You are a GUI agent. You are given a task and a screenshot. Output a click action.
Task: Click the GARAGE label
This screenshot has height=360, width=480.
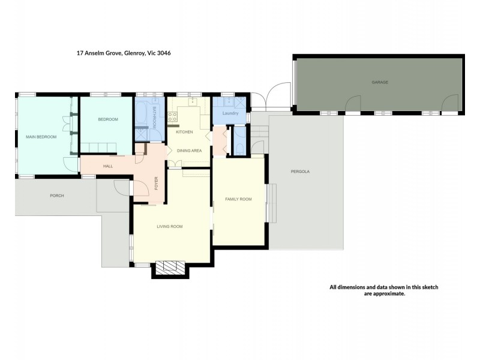(377, 82)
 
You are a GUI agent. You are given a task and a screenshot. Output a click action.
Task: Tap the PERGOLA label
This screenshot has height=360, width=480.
(300, 172)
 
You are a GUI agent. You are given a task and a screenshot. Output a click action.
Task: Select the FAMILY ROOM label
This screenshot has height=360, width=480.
(238, 199)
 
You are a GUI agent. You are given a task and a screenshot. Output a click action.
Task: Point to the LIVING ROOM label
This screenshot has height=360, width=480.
(169, 226)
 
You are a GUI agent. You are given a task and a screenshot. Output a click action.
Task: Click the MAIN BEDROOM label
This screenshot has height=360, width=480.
(41, 137)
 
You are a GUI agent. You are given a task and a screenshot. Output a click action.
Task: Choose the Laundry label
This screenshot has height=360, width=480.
(230, 113)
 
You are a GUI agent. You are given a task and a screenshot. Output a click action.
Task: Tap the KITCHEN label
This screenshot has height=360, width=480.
(184, 131)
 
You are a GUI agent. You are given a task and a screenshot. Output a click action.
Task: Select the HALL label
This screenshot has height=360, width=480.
(108, 166)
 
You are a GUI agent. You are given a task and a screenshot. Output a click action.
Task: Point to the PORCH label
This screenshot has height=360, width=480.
(57, 196)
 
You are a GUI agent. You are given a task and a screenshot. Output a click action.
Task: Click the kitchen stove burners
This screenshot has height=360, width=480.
(172, 117)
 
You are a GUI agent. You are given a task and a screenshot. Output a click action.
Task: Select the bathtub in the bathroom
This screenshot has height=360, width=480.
(143, 115)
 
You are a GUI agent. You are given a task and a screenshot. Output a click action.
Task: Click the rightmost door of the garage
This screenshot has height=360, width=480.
(449, 106)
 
